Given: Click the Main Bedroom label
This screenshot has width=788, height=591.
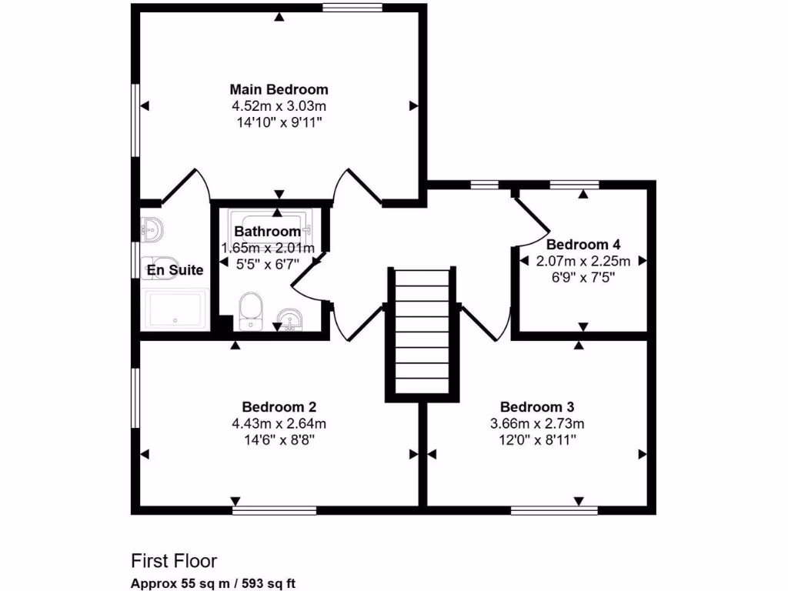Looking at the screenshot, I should point(279,89).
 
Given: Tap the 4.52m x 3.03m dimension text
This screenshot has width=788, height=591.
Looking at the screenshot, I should point(279,106).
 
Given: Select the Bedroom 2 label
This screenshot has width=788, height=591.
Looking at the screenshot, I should point(279,407).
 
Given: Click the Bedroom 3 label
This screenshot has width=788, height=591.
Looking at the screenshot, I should point(537,407).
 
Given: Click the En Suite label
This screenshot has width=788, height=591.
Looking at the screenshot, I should point(175,270).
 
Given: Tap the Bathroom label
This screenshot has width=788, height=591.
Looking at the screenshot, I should point(267,232).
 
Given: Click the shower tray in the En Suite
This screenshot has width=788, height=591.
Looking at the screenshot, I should point(175,309).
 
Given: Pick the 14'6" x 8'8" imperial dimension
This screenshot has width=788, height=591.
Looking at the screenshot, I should point(279,439).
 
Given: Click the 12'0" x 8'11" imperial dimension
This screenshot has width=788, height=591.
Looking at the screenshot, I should point(537,439).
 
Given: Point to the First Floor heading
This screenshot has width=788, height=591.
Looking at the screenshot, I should point(174,560).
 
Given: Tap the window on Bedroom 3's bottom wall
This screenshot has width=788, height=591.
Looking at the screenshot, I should point(554,509).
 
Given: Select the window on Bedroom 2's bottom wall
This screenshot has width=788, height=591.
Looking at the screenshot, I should point(275,509).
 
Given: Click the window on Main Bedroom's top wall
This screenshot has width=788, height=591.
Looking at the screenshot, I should point(352,8).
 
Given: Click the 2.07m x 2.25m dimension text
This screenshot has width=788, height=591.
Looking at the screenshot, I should point(583,261).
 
